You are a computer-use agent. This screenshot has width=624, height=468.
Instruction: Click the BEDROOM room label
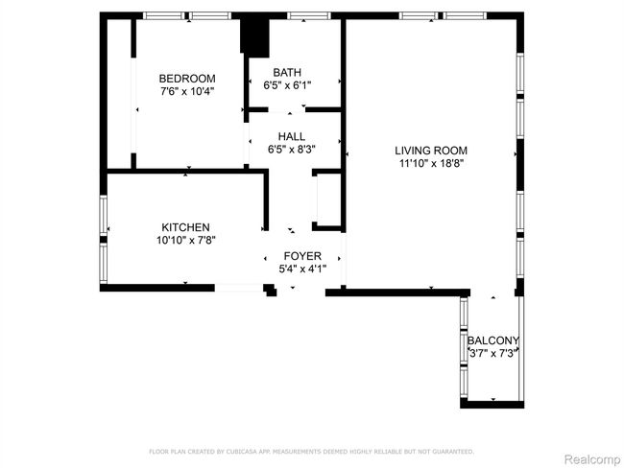pyautogui.click(x=187, y=79)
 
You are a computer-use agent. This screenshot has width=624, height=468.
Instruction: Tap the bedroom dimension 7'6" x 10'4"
pyautogui.click(x=187, y=91)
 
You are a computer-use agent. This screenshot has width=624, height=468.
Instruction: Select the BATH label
pyautogui.click(x=287, y=72)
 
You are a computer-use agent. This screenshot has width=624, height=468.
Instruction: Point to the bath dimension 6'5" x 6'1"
pyautogui.click(x=287, y=85)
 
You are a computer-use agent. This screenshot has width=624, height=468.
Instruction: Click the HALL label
pyautogui.click(x=292, y=136)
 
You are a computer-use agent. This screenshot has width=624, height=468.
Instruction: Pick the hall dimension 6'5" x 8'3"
pyautogui.click(x=292, y=150)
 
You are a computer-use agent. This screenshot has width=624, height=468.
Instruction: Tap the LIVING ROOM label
pyautogui.click(x=431, y=151)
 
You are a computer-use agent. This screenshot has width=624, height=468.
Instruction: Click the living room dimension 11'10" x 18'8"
pyautogui.click(x=431, y=163)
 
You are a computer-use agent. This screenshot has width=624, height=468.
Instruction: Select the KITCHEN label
pyautogui.click(x=185, y=227)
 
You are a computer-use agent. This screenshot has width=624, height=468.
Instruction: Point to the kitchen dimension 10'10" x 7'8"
pyautogui.click(x=186, y=240)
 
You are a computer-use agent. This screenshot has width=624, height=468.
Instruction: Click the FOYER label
pyautogui.click(x=302, y=256)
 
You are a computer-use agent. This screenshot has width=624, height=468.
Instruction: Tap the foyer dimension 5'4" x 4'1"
pyautogui.click(x=302, y=269)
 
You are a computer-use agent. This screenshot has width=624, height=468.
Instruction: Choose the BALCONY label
pyautogui.click(x=493, y=340)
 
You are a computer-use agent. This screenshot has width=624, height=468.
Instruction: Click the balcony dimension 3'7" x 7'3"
pyautogui.click(x=493, y=353)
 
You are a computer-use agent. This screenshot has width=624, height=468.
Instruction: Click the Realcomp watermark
pyautogui.click(x=592, y=459)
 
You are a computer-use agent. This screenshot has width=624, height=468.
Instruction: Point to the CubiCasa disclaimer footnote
pyautogui.click(x=312, y=452)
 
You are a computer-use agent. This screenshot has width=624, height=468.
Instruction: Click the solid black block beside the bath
pyautogui.click(x=254, y=36)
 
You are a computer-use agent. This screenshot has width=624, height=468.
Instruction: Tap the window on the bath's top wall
pyautogui.click(x=309, y=15)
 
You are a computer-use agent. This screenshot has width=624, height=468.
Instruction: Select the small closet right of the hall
pyautogui.click(x=328, y=200)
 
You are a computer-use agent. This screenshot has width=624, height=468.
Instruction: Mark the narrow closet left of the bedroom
pyautogui.click(x=119, y=93)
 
